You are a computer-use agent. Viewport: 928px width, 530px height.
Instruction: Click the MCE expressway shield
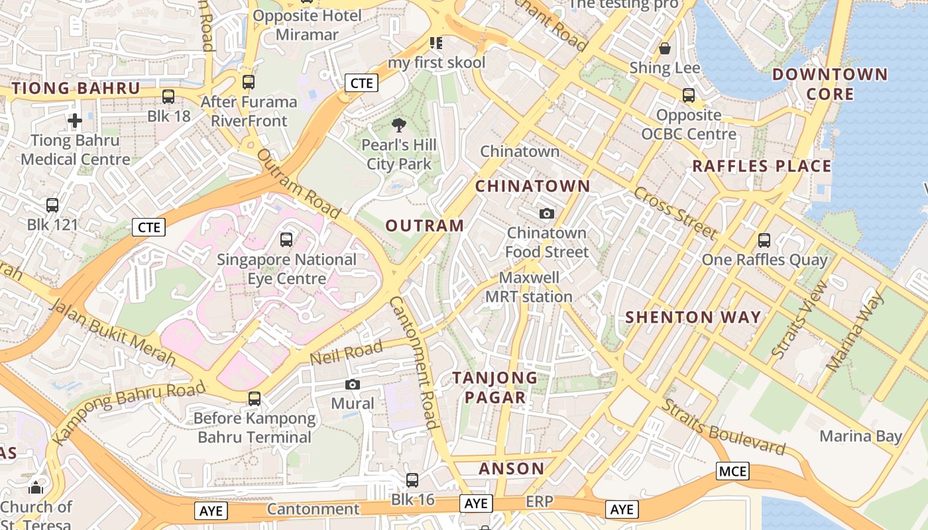(x=732, y=472)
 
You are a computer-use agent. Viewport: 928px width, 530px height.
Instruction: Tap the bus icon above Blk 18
(x=168, y=97)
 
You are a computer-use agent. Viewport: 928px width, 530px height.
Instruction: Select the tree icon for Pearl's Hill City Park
(x=399, y=125)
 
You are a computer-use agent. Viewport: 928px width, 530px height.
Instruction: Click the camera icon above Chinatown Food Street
(x=547, y=213)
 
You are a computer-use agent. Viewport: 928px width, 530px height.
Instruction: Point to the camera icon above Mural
(x=353, y=384)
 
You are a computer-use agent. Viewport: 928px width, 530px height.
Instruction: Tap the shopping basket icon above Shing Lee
(x=665, y=48)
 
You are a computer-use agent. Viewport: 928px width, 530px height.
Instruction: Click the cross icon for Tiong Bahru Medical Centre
(x=75, y=121)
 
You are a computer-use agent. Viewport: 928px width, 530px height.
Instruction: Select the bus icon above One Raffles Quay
(x=764, y=240)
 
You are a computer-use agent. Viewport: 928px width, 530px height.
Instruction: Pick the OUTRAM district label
(x=425, y=226)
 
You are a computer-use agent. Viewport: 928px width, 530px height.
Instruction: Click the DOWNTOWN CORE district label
(x=830, y=84)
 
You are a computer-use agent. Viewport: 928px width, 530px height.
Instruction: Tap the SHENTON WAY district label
(x=693, y=317)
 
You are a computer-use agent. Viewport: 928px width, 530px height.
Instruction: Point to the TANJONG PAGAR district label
(x=495, y=388)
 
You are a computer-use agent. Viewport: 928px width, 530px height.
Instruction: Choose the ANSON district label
(x=512, y=469)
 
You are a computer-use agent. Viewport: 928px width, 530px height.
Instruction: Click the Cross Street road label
(x=675, y=213)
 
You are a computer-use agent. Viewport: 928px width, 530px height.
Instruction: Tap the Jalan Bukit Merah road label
(x=112, y=333)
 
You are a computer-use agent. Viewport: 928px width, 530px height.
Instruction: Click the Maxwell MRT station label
(x=529, y=287)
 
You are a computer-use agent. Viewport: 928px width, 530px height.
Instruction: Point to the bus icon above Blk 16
(x=412, y=480)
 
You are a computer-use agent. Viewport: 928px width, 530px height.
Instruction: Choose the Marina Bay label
(x=861, y=436)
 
